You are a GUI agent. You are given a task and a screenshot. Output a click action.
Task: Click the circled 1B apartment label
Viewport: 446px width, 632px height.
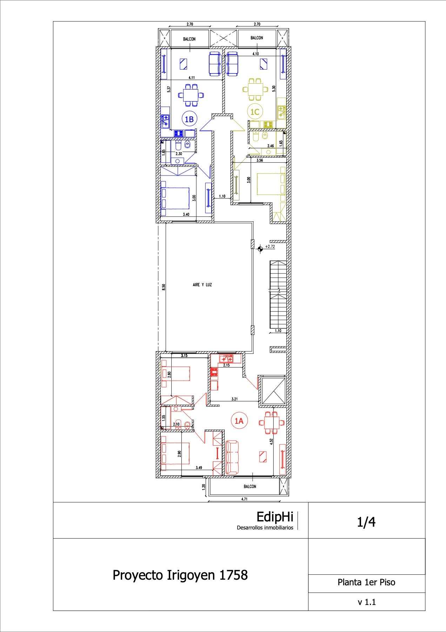pyautogui.click(x=189, y=119)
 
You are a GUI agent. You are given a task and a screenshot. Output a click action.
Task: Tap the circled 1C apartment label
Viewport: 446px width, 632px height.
pyautogui.click(x=254, y=112)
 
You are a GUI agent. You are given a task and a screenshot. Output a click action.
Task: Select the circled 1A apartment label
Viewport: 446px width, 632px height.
pyautogui.click(x=239, y=421)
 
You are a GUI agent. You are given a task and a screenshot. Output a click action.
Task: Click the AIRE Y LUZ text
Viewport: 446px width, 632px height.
pyautogui.click(x=202, y=285)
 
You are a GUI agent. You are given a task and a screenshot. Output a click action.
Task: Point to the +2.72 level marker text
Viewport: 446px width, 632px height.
pyautogui.click(x=270, y=246)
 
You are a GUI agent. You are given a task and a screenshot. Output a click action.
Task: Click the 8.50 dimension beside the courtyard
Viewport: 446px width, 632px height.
pyautogui.click(x=164, y=287)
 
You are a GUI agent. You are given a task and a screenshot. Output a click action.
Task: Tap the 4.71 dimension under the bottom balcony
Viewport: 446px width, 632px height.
pyautogui.click(x=244, y=499)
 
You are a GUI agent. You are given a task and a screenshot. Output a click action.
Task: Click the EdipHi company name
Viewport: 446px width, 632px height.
pyautogui.click(x=275, y=517)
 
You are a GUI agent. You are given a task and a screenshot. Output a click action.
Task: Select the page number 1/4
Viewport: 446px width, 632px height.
pyautogui.click(x=366, y=522)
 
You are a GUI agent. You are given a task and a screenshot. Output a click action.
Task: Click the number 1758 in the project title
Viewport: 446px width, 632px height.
pyautogui.click(x=233, y=575)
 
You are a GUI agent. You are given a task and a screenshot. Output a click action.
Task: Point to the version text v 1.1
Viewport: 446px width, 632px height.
pyautogui.click(x=367, y=602)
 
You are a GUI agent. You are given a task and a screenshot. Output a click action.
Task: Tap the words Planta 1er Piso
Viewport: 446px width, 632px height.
pyautogui.click(x=366, y=582)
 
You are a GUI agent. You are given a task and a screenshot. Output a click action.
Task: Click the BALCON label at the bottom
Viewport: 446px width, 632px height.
pyautogui.click(x=250, y=487)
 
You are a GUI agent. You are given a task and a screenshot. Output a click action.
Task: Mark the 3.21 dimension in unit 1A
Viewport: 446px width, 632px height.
pyautogui.click(x=234, y=399)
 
